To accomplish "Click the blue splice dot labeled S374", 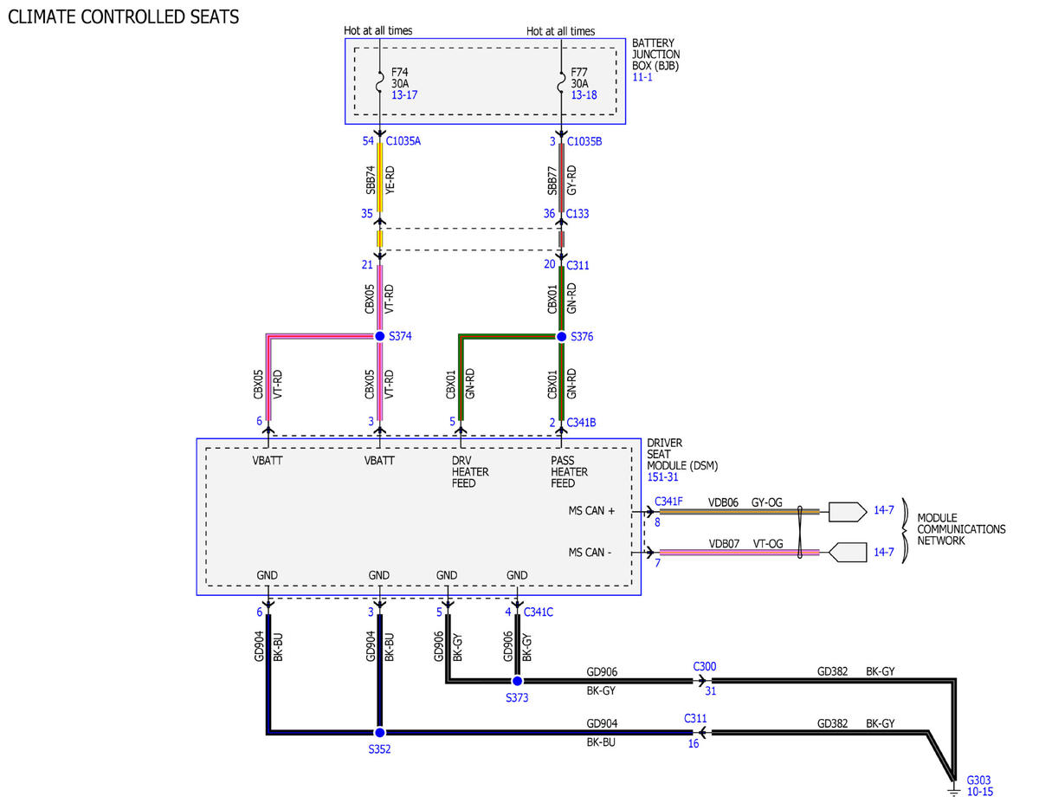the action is (379, 336).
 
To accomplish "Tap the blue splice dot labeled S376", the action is (562, 337).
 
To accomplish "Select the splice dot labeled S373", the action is (518, 681).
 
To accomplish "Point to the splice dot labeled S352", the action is (379, 733).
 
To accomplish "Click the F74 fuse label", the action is (400, 72).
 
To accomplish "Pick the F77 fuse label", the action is (579, 72).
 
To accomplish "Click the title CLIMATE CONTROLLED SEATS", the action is (123, 16).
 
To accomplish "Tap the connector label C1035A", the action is (403, 141).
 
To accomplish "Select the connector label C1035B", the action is (584, 141).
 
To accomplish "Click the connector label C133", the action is (578, 214).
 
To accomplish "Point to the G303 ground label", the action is (978, 780).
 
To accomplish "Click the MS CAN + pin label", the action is (591, 511).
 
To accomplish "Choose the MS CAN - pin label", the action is (590, 553).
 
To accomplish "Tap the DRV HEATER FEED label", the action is (470, 472).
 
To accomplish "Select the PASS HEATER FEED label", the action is (570, 472).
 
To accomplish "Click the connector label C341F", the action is (668, 502).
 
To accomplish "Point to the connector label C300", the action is (705, 667).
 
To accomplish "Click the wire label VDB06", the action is (723, 502).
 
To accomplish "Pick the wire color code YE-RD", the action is (390, 180).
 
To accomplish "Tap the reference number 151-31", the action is (662, 476).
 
